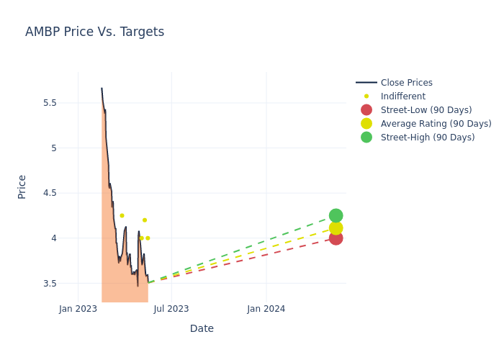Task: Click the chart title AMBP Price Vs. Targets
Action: click(94, 32)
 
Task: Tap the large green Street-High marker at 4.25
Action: click(336, 215)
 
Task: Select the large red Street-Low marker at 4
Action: click(336, 238)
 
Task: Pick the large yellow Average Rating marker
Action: click(336, 228)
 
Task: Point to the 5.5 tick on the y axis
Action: click(50, 102)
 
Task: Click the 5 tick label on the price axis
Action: click(53, 148)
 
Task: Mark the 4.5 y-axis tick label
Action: click(50, 193)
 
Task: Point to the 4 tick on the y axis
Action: click(53, 238)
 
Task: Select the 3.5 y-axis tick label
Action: click(50, 284)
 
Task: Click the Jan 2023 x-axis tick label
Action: click(78, 309)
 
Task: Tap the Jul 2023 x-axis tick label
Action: click(171, 309)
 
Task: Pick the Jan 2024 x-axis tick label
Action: click(266, 309)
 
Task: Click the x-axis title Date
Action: click(202, 328)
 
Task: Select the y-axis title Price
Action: click(22, 186)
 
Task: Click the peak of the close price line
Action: click(102, 89)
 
